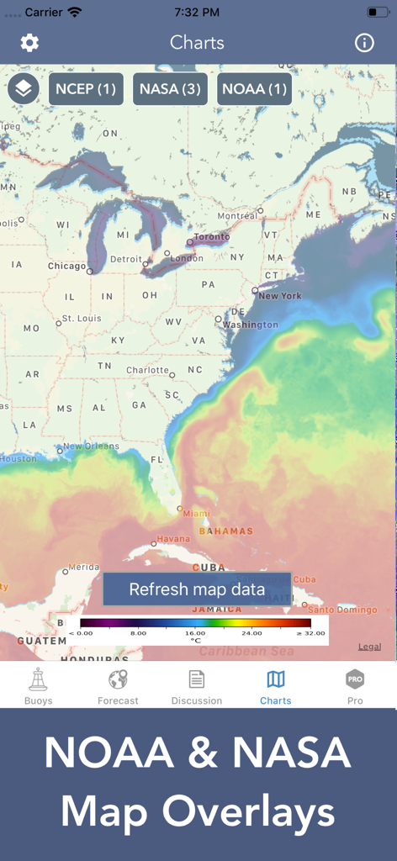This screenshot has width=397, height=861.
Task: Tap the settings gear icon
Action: pyautogui.click(x=29, y=43)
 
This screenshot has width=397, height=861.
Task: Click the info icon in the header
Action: pyautogui.click(x=364, y=43)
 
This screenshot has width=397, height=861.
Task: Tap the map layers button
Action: pyautogui.click(x=24, y=88)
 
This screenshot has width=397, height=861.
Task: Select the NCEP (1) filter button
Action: pyautogui.click(x=86, y=88)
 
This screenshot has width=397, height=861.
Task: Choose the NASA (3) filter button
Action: pyautogui.click(x=170, y=88)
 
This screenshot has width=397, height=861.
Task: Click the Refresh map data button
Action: pyautogui.click(x=197, y=589)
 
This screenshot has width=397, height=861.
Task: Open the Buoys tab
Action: pyautogui.click(x=38, y=686)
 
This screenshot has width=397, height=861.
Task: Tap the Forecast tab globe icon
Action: pyautogui.click(x=118, y=679)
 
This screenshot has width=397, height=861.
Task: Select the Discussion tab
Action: pyautogui.click(x=197, y=686)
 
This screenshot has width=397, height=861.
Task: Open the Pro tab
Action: pyautogui.click(x=355, y=686)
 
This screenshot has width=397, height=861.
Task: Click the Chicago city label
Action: pyautogui.click(x=66, y=267)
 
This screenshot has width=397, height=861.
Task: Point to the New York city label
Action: pyautogui.click(x=280, y=296)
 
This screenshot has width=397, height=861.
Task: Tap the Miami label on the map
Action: pyautogui.click(x=197, y=514)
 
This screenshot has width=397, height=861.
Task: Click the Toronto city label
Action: pyautogui.click(x=211, y=237)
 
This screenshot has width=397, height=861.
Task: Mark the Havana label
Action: pyautogui.click(x=173, y=539)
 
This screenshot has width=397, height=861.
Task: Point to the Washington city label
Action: pyautogui.click(x=251, y=325)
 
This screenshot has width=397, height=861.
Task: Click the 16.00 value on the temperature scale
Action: pyautogui.click(x=195, y=633)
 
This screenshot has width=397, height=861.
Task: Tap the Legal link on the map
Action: pyautogui.click(x=369, y=647)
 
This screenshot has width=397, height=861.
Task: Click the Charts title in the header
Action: pyautogui.click(x=197, y=43)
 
